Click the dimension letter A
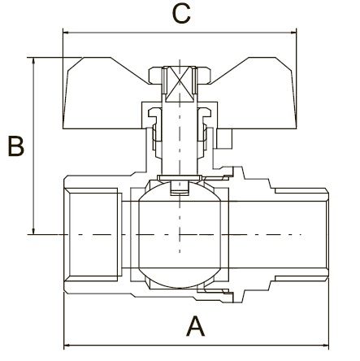click(x=195, y=326)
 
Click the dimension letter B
click(x=16, y=146)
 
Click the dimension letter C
click(x=181, y=14)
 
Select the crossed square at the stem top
click(x=180, y=85)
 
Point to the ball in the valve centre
click(x=180, y=235)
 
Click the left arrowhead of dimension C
click(x=66, y=33)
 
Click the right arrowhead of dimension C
click(x=293, y=33)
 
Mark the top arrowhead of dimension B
click(x=33, y=61)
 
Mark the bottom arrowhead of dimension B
click(x=33, y=230)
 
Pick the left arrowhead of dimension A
click(x=67, y=346)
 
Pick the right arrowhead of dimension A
click(x=326, y=346)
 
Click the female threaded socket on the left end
click(x=93, y=235)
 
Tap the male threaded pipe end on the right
click(x=301, y=235)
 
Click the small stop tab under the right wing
click(x=224, y=139)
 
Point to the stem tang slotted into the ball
click(x=180, y=188)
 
